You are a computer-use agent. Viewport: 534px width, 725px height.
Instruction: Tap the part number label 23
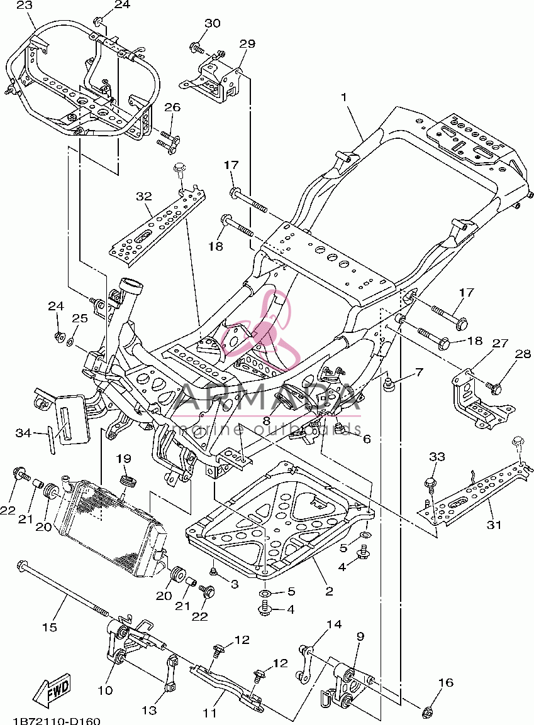(25, 6)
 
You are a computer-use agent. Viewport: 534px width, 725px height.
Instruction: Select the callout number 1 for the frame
(344, 97)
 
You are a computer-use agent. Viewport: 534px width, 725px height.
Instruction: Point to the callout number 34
(24, 433)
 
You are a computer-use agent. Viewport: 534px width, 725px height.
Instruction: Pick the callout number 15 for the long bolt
(49, 627)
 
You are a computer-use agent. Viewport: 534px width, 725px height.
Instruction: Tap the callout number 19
(123, 458)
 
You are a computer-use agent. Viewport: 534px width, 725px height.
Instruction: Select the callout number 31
(494, 525)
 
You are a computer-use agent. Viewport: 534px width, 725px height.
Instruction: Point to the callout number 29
(247, 44)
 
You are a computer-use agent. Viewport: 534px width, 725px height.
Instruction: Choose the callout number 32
(144, 196)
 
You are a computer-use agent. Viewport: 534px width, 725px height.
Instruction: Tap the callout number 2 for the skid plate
(329, 591)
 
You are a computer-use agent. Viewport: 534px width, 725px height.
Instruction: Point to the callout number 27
(500, 343)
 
